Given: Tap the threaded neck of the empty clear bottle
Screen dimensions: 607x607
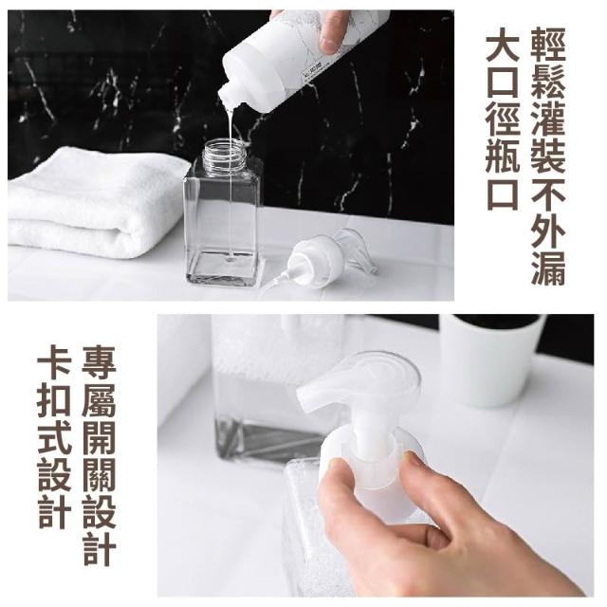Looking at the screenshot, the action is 226,152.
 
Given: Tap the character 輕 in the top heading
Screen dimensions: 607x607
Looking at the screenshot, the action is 548,45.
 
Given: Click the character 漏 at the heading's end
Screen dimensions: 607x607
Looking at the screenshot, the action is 548,267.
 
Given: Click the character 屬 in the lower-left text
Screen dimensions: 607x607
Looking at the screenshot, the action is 99,400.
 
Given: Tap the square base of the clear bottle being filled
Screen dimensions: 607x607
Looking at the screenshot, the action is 222,267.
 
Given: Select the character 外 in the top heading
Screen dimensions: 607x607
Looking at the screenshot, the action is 548,230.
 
